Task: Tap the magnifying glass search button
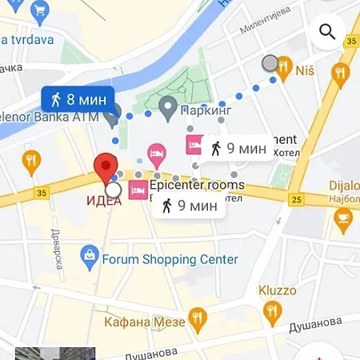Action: pos(326,32)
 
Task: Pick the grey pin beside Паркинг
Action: pos(168,106)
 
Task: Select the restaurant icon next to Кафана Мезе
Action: pos(196,321)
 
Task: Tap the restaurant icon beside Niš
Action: pos(283,70)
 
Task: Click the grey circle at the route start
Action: pos(270,63)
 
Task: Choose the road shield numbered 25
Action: pos(296,198)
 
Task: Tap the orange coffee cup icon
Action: pos(343,218)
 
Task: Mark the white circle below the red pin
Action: pos(113,190)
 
